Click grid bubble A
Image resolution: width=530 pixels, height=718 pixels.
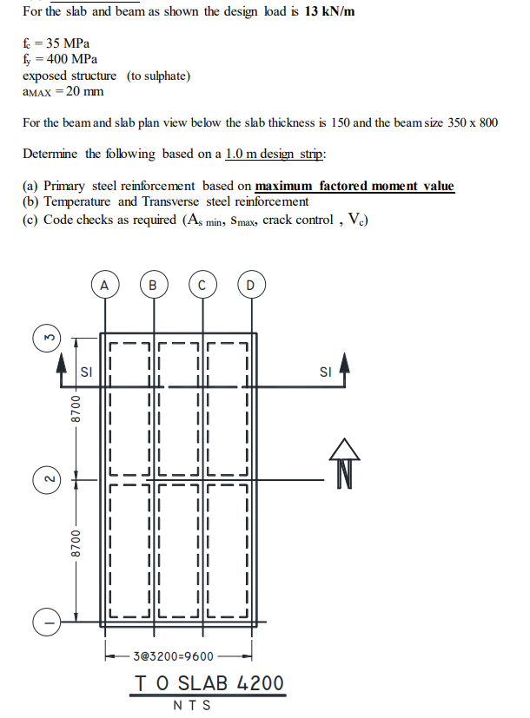(104, 284)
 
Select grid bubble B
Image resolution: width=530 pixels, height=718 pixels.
(154, 284)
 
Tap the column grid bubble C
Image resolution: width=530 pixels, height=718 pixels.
(202, 284)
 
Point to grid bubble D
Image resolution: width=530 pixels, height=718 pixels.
(251, 284)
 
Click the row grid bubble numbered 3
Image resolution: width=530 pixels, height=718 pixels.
(47, 334)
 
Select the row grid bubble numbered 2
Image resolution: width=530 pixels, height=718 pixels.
(47, 478)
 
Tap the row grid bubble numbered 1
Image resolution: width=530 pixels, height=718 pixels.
(47, 622)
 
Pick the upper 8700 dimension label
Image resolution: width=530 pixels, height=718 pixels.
(76, 407)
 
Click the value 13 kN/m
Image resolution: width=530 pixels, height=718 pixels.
(330, 11)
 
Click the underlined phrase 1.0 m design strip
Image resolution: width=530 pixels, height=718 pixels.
(274, 154)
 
